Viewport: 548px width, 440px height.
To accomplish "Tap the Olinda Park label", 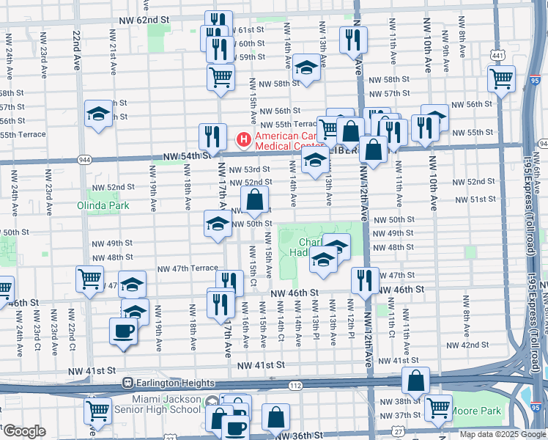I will [103, 205].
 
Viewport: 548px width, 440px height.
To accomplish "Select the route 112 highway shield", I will [295, 386].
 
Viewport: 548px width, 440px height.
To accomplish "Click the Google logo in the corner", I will [24, 431].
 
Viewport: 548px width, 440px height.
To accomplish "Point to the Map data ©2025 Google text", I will [503, 434].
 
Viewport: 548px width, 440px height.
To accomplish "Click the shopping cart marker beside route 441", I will [501, 78].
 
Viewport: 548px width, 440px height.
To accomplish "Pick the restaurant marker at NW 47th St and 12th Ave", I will [364, 279].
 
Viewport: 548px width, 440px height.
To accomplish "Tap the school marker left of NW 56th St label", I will [98, 114].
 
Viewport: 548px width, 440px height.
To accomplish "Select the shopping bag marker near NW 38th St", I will [415, 381].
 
